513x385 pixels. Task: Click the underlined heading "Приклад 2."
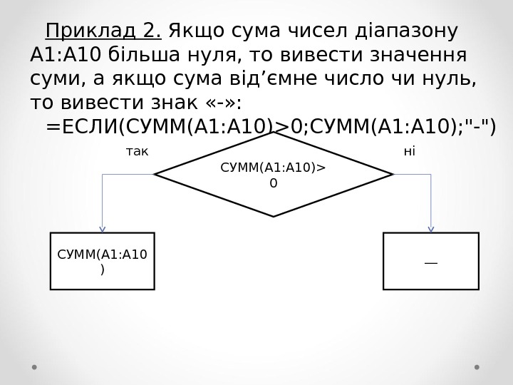(x=103, y=32)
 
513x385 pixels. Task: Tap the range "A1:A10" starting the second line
(x=66, y=56)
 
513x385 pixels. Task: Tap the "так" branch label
(x=137, y=151)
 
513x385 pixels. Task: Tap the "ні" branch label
(x=409, y=151)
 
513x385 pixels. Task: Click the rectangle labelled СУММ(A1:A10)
(x=102, y=261)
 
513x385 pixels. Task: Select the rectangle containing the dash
(x=431, y=261)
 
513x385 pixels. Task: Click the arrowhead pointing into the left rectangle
(x=102, y=230)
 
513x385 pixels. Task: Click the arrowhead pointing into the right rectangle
(x=431, y=230)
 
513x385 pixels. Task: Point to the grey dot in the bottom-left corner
(x=34, y=368)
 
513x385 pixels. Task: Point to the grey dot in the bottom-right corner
(x=477, y=368)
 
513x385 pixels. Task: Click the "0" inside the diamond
(x=273, y=183)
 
